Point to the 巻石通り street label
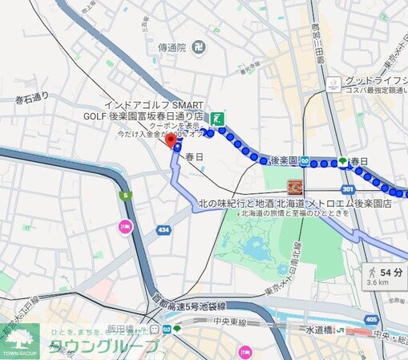pyautogui.click(x=31, y=98)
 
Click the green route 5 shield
pyautogui.click(x=125, y=195)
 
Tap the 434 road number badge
pyautogui.click(x=164, y=230)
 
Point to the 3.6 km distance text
pyautogui.click(x=378, y=282)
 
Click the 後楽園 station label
pyautogui.click(x=284, y=161)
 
